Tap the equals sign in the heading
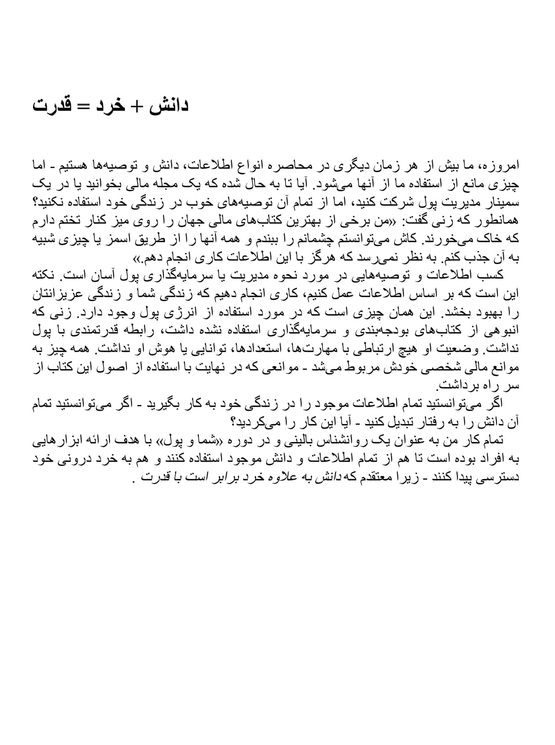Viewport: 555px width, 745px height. pyautogui.click(x=83, y=106)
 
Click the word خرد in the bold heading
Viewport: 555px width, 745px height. pyautogui.click(x=110, y=106)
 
